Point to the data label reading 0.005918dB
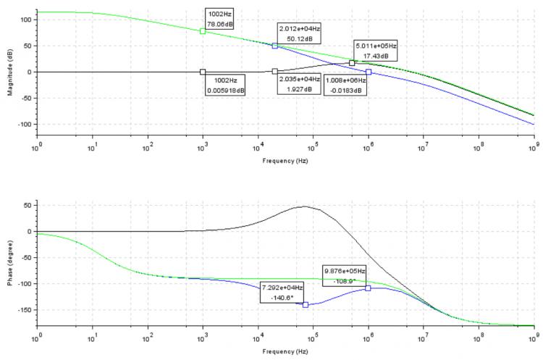pyautogui.click(x=225, y=85)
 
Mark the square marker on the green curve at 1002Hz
pyautogui.click(x=203, y=31)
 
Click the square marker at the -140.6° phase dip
pyautogui.click(x=306, y=304)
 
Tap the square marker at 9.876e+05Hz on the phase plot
pyautogui.click(x=368, y=288)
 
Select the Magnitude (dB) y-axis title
pyautogui.click(x=11, y=72)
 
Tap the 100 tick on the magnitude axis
pyautogui.click(x=27, y=20)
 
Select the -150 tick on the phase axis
pyautogui.click(x=25, y=309)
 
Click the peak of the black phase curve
pyautogui.click(x=305, y=206)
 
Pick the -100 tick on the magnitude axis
pyautogui.click(x=25, y=124)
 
